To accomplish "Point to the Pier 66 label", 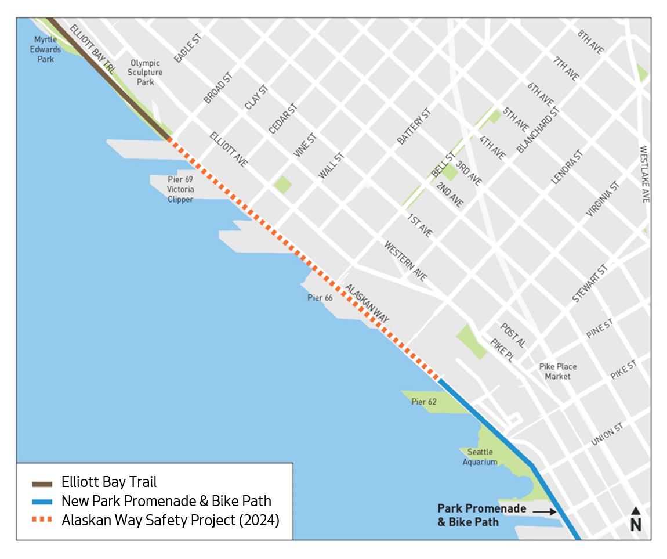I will point(320,298).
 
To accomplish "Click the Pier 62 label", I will point(424,402).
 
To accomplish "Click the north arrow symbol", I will point(636,519).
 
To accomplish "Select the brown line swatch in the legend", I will point(42,482).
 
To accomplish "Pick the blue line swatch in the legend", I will point(42,501).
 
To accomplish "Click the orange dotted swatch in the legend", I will point(42,520).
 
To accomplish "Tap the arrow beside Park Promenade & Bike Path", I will point(545,511).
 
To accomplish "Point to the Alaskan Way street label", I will point(367,304).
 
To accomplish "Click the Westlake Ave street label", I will point(644,174).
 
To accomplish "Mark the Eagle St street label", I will point(187,48).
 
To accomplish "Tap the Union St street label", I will point(607,434).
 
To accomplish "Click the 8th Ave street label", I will point(590,42).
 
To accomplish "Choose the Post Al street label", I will point(513,336).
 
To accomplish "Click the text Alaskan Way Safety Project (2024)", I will point(171,520).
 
